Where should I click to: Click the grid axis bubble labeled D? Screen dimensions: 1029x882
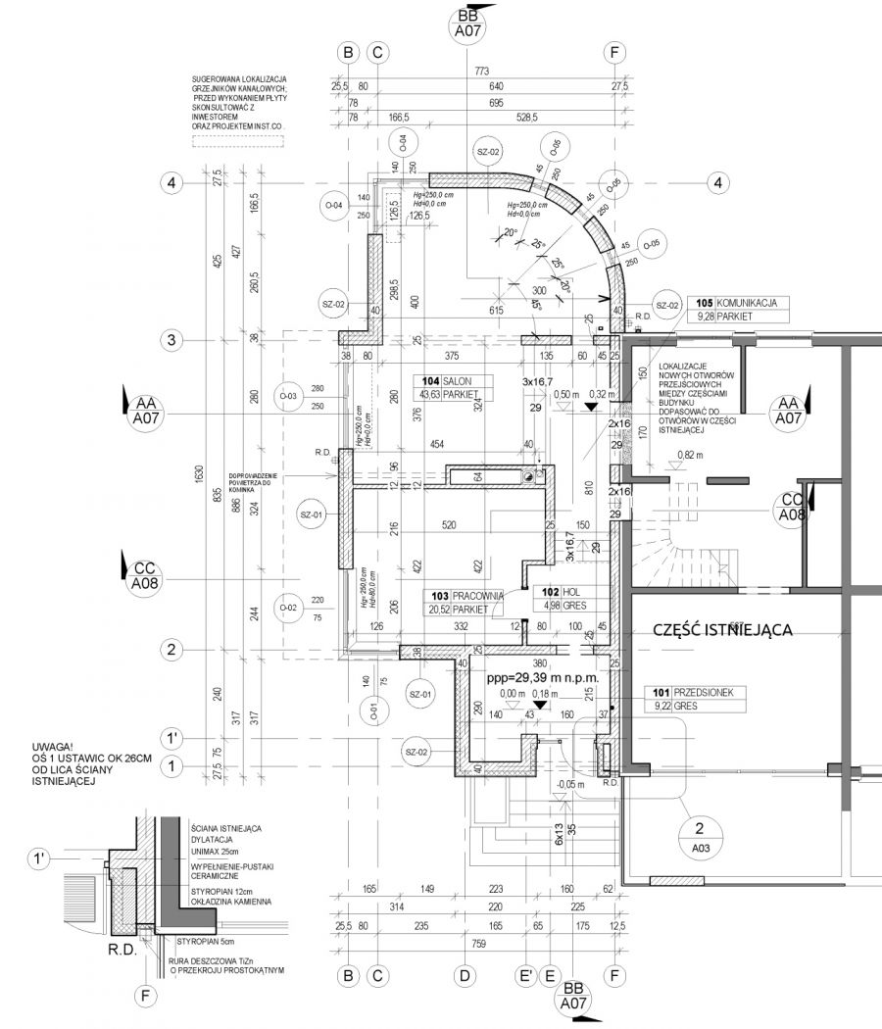(x=465, y=976)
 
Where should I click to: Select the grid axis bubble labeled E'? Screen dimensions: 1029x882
(x=526, y=976)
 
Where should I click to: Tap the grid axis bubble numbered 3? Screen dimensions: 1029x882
(x=171, y=340)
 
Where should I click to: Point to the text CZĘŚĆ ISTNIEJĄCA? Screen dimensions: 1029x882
(x=722, y=631)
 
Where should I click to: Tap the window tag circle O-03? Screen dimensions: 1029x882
(x=289, y=396)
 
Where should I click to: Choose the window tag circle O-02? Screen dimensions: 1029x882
(x=289, y=608)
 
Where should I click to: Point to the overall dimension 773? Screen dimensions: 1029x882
(x=480, y=72)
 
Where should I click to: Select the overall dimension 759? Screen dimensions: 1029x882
(x=480, y=945)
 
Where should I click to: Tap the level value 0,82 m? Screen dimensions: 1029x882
(x=691, y=455)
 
